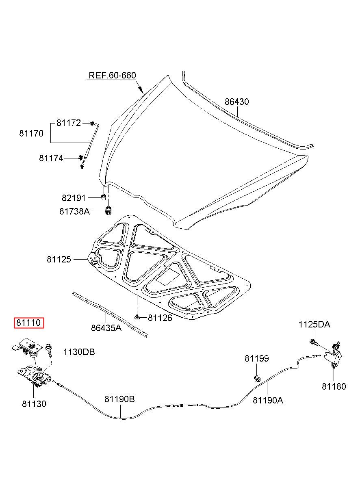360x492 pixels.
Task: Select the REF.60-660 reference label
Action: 112,75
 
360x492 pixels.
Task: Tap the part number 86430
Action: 236,102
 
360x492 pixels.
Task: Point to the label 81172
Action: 69,123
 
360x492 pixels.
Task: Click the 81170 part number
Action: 31,133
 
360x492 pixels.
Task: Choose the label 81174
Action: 51,158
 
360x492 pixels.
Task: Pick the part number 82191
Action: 74,198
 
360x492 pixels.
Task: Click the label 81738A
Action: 75,211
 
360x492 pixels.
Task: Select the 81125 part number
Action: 59,259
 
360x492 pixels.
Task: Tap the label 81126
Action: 160,318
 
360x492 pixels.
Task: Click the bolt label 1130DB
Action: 79,352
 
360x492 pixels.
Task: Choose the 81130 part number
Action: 34,404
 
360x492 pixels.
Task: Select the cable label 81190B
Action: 119,399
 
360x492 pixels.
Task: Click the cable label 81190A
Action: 268,400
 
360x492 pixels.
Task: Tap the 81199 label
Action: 257,358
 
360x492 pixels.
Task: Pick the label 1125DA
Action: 314,325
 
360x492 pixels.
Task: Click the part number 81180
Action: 334,386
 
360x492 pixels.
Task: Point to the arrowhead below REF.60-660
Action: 141,90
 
